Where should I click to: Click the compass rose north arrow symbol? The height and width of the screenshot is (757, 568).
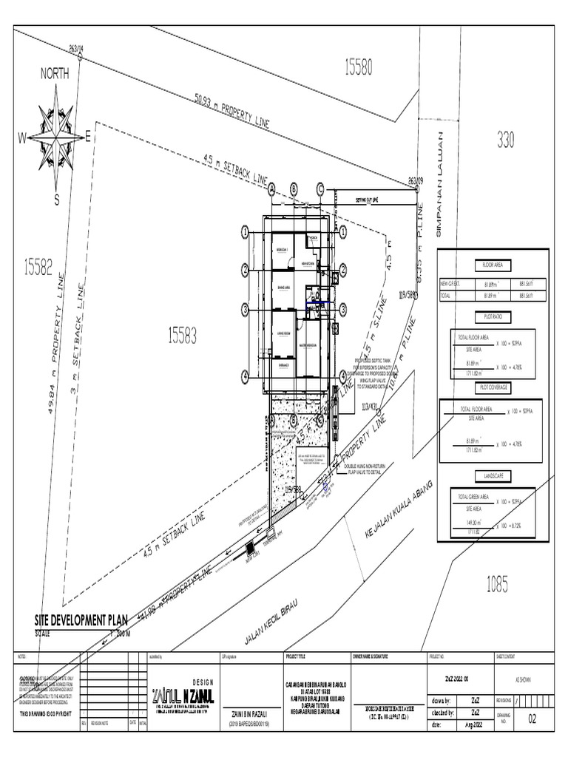[x=56, y=136]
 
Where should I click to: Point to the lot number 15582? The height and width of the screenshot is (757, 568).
[x=38, y=267]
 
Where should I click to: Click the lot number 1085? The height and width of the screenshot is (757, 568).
[x=497, y=585]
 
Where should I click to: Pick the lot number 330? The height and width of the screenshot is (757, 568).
[x=505, y=140]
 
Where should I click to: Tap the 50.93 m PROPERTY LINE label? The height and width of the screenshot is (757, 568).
[x=232, y=111]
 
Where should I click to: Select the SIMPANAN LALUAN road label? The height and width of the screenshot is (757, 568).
[x=439, y=184]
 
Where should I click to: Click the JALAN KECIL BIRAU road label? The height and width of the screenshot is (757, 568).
[x=269, y=622]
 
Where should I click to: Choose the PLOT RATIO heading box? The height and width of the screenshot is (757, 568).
[x=493, y=316]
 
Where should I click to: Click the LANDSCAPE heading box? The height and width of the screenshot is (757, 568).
[x=493, y=477]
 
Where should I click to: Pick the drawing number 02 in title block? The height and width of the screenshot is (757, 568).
[x=532, y=719]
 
